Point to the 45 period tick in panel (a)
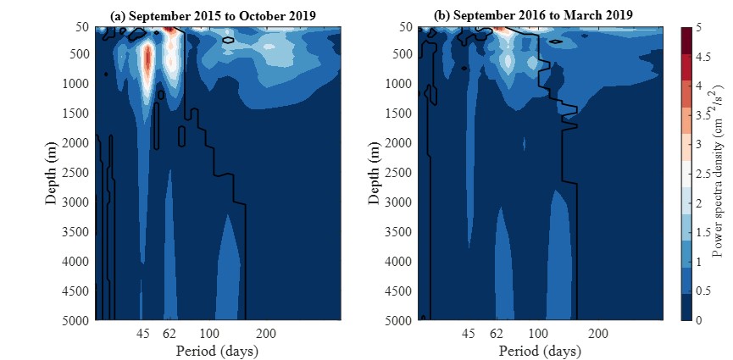coord(144,334)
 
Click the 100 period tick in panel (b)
coord(536,334)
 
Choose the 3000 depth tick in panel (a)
coord(74,202)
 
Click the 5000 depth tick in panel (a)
coord(74,321)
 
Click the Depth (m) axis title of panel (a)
coord(52,174)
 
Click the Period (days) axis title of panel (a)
coord(217,350)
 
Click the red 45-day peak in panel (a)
coord(147,64)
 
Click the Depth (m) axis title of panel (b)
coord(375,174)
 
